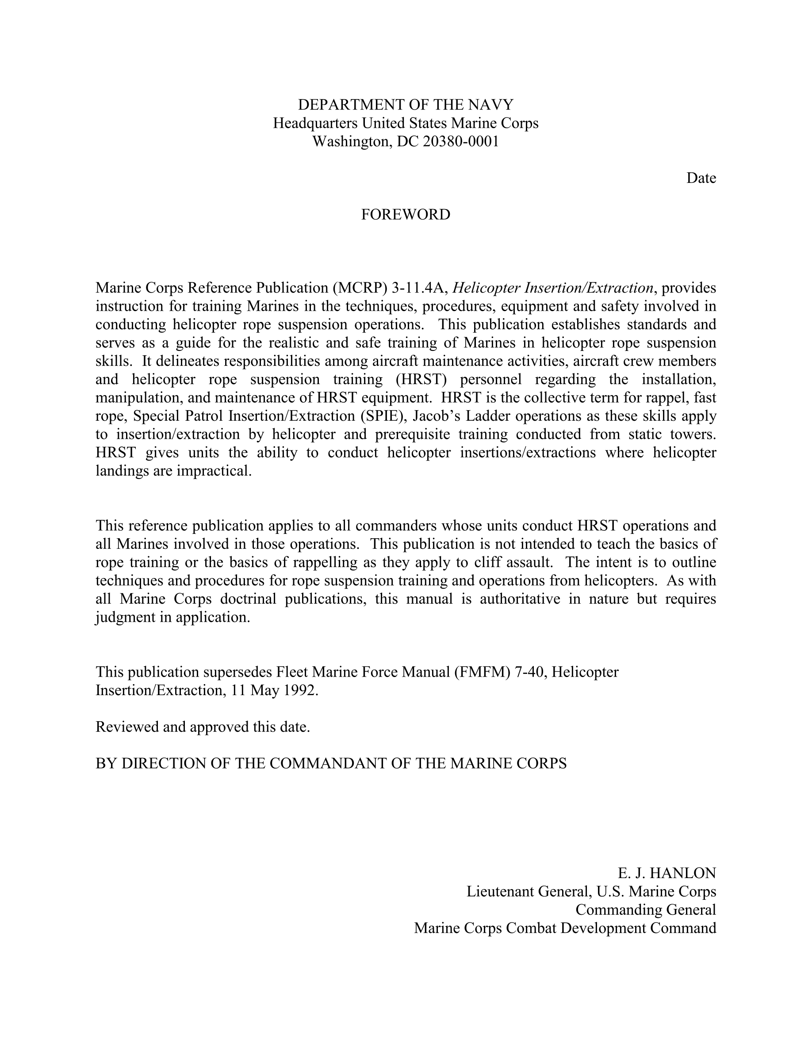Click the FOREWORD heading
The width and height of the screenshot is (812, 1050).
[x=406, y=214]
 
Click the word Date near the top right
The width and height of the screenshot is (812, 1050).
[x=701, y=178]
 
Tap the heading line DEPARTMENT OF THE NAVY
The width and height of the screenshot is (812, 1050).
[x=406, y=104]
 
